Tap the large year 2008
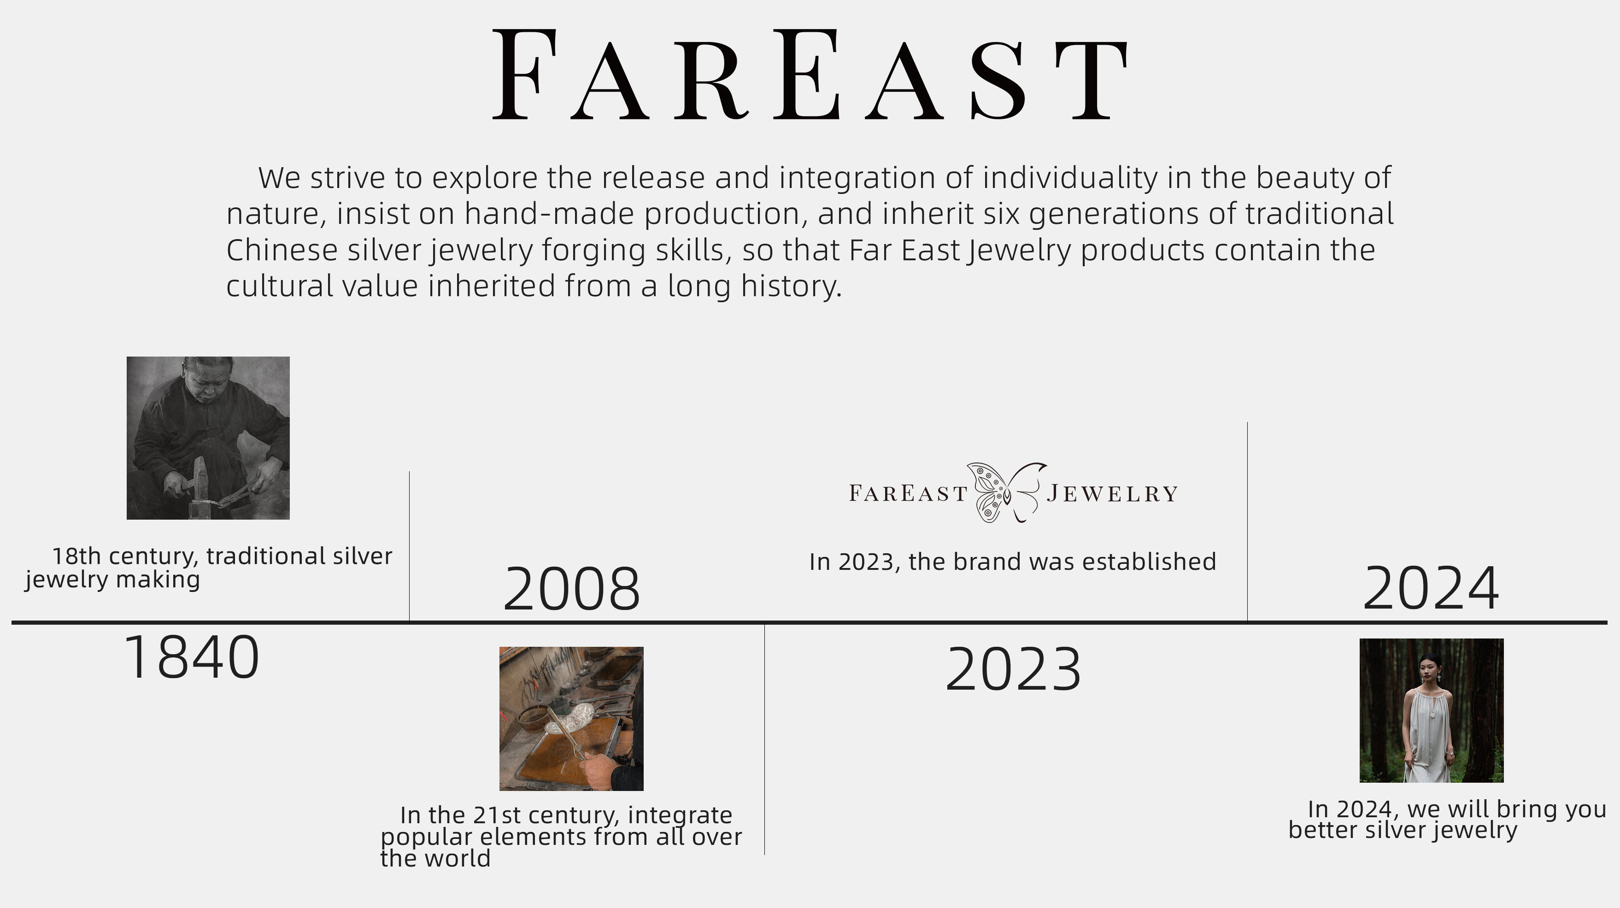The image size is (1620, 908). [572, 589]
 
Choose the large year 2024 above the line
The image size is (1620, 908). [1431, 589]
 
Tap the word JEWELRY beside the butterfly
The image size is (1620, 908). [1112, 493]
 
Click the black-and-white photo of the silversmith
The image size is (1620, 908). [208, 438]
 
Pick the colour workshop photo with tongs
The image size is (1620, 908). [571, 719]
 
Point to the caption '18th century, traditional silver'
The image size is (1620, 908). [222, 556]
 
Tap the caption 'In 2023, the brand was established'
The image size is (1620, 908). [1013, 562]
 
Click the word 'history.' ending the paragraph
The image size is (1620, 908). [791, 287]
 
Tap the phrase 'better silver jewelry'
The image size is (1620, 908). [1403, 830]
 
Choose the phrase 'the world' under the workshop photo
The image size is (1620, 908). [435, 858]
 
